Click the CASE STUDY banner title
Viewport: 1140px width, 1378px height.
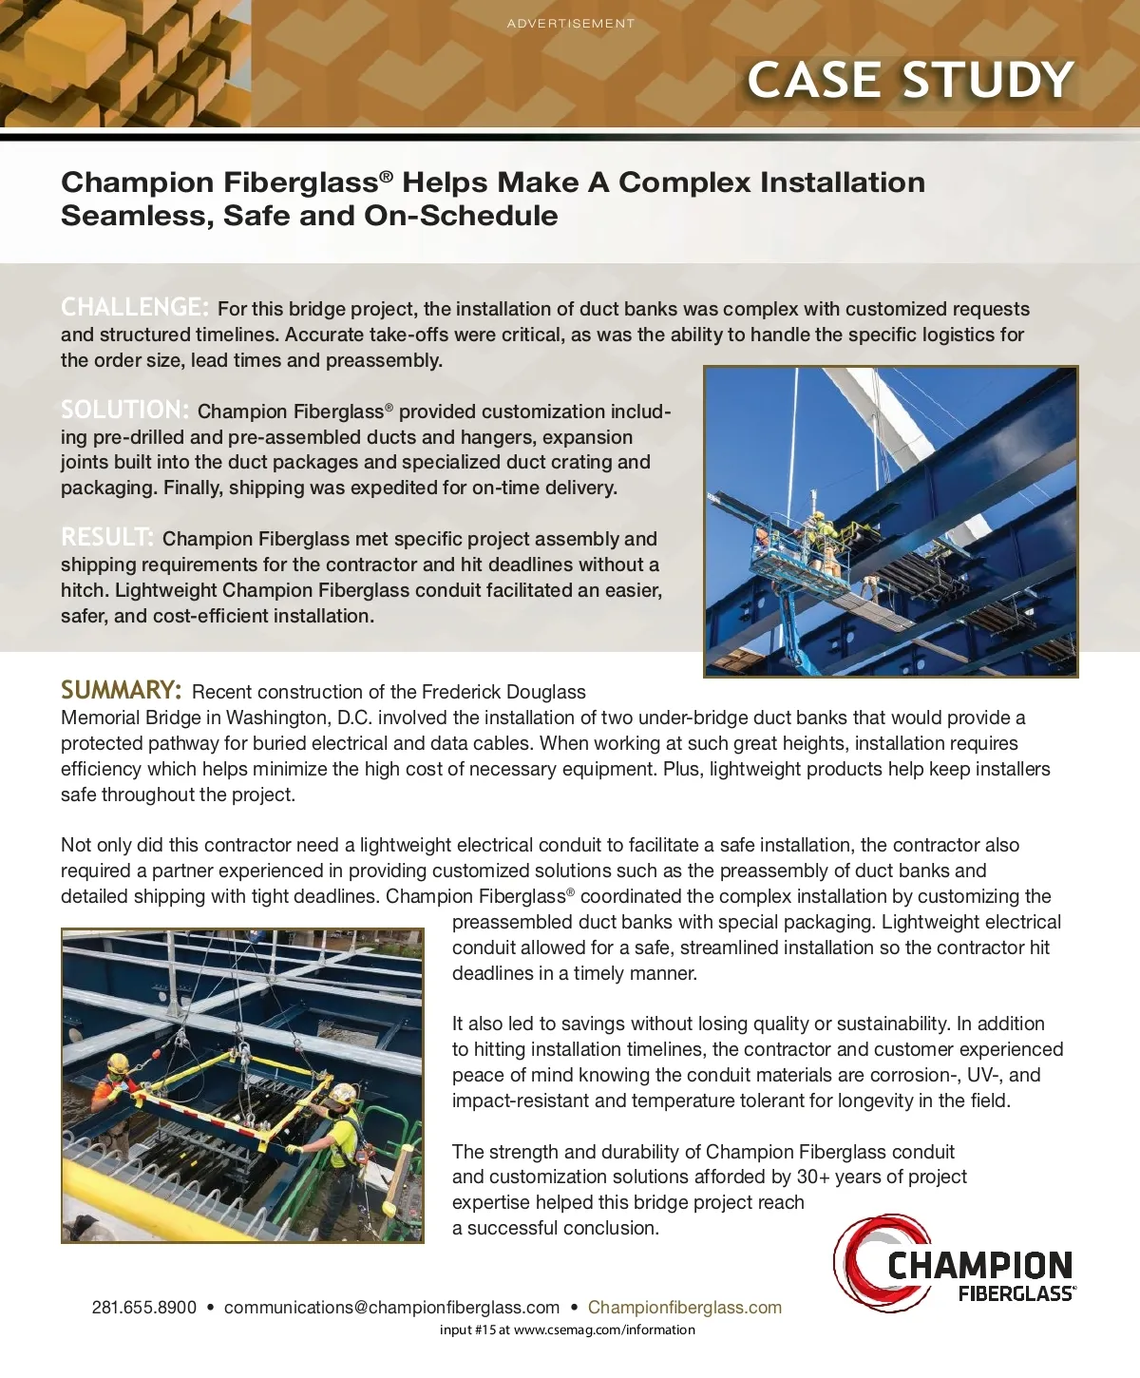tap(910, 80)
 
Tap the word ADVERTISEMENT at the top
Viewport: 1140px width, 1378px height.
tap(570, 24)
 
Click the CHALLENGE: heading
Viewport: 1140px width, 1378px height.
tap(134, 307)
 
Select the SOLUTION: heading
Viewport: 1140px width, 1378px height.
tap(124, 410)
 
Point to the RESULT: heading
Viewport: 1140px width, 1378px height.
tap(106, 537)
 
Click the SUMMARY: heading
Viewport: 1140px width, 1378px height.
tap(121, 690)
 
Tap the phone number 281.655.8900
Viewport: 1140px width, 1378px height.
tap(144, 1308)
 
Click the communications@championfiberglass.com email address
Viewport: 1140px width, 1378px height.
tap(391, 1308)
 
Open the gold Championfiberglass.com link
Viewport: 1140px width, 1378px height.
tap(684, 1308)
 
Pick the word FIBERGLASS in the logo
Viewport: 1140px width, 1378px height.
tap(1016, 1293)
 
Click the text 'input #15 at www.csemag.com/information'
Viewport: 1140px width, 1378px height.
tap(567, 1330)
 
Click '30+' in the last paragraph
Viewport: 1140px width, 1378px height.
tap(813, 1177)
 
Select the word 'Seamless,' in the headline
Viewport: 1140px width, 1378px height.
tap(138, 216)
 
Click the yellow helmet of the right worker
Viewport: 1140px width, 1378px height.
tap(346, 1092)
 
